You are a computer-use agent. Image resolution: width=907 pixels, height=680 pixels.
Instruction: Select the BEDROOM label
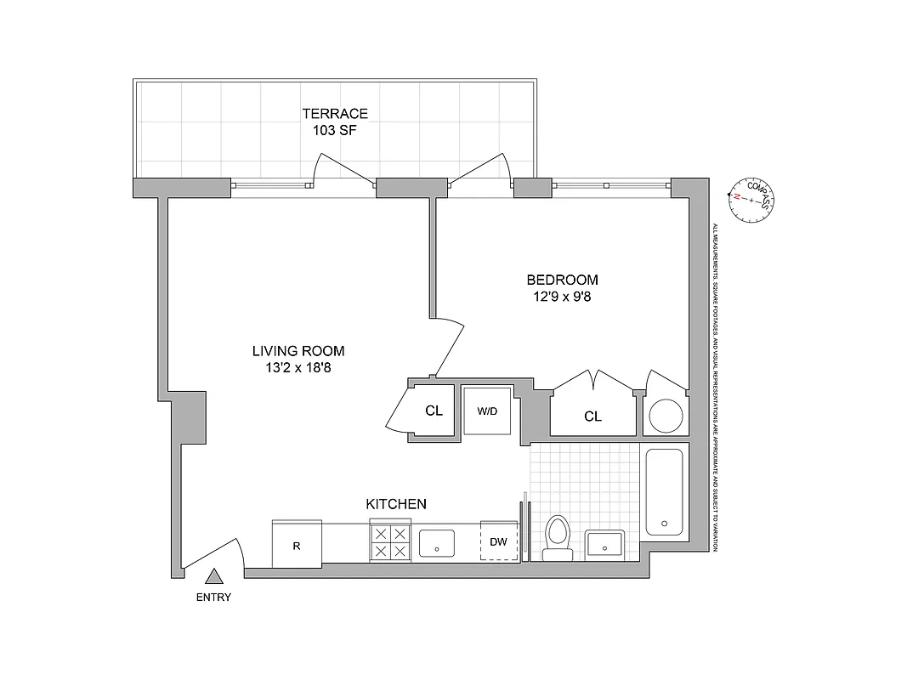pyautogui.click(x=562, y=280)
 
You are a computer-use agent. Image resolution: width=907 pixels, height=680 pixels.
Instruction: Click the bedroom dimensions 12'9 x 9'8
pyautogui.click(x=562, y=297)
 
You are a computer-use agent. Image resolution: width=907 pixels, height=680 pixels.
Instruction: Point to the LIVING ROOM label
pyautogui.click(x=298, y=350)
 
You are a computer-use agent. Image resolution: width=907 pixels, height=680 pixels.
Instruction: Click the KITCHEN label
pyautogui.click(x=396, y=504)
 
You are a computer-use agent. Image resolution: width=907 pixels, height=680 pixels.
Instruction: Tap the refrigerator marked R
pyautogui.click(x=297, y=545)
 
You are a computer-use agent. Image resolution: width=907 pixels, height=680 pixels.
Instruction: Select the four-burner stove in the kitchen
pyautogui.click(x=389, y=542)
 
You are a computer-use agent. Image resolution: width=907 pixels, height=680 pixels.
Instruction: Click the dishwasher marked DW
pyautogui.click(x=499, y=541)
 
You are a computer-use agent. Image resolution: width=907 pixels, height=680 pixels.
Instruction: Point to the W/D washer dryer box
pyautogui.click(x=487, y=411)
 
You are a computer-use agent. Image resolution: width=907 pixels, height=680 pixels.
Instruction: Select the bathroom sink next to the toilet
pyautogui.click(x=605, y=543)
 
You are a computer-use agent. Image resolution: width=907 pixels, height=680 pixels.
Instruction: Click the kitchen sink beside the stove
pyautogui.click(x=438, y=542)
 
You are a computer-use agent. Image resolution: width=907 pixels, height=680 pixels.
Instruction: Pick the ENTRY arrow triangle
pyautogui.click(x=214, y=577)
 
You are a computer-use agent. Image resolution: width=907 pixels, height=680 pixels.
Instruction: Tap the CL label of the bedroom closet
pyautogui.click(x=592, y=416)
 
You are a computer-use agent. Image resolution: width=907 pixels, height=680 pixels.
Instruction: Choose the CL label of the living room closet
pyautogui.click(x=434, y=411)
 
